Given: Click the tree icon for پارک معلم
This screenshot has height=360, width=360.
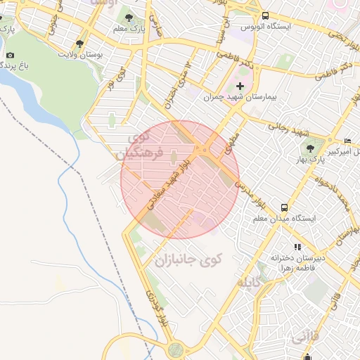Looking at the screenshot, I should (x=128, y=16).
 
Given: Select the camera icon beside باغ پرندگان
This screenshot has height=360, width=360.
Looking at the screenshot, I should (x=9, y=56).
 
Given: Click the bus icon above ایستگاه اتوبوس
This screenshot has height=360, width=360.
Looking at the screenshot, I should (x=264, y=15).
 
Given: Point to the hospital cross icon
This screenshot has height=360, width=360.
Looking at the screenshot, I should (x=240, y=86).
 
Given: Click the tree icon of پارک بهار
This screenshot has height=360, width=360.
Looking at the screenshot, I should (x=309, y=148).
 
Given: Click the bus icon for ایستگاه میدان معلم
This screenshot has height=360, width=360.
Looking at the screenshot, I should (x=284, y=207).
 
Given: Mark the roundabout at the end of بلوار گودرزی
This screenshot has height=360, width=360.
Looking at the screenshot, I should (x=175, y=349).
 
